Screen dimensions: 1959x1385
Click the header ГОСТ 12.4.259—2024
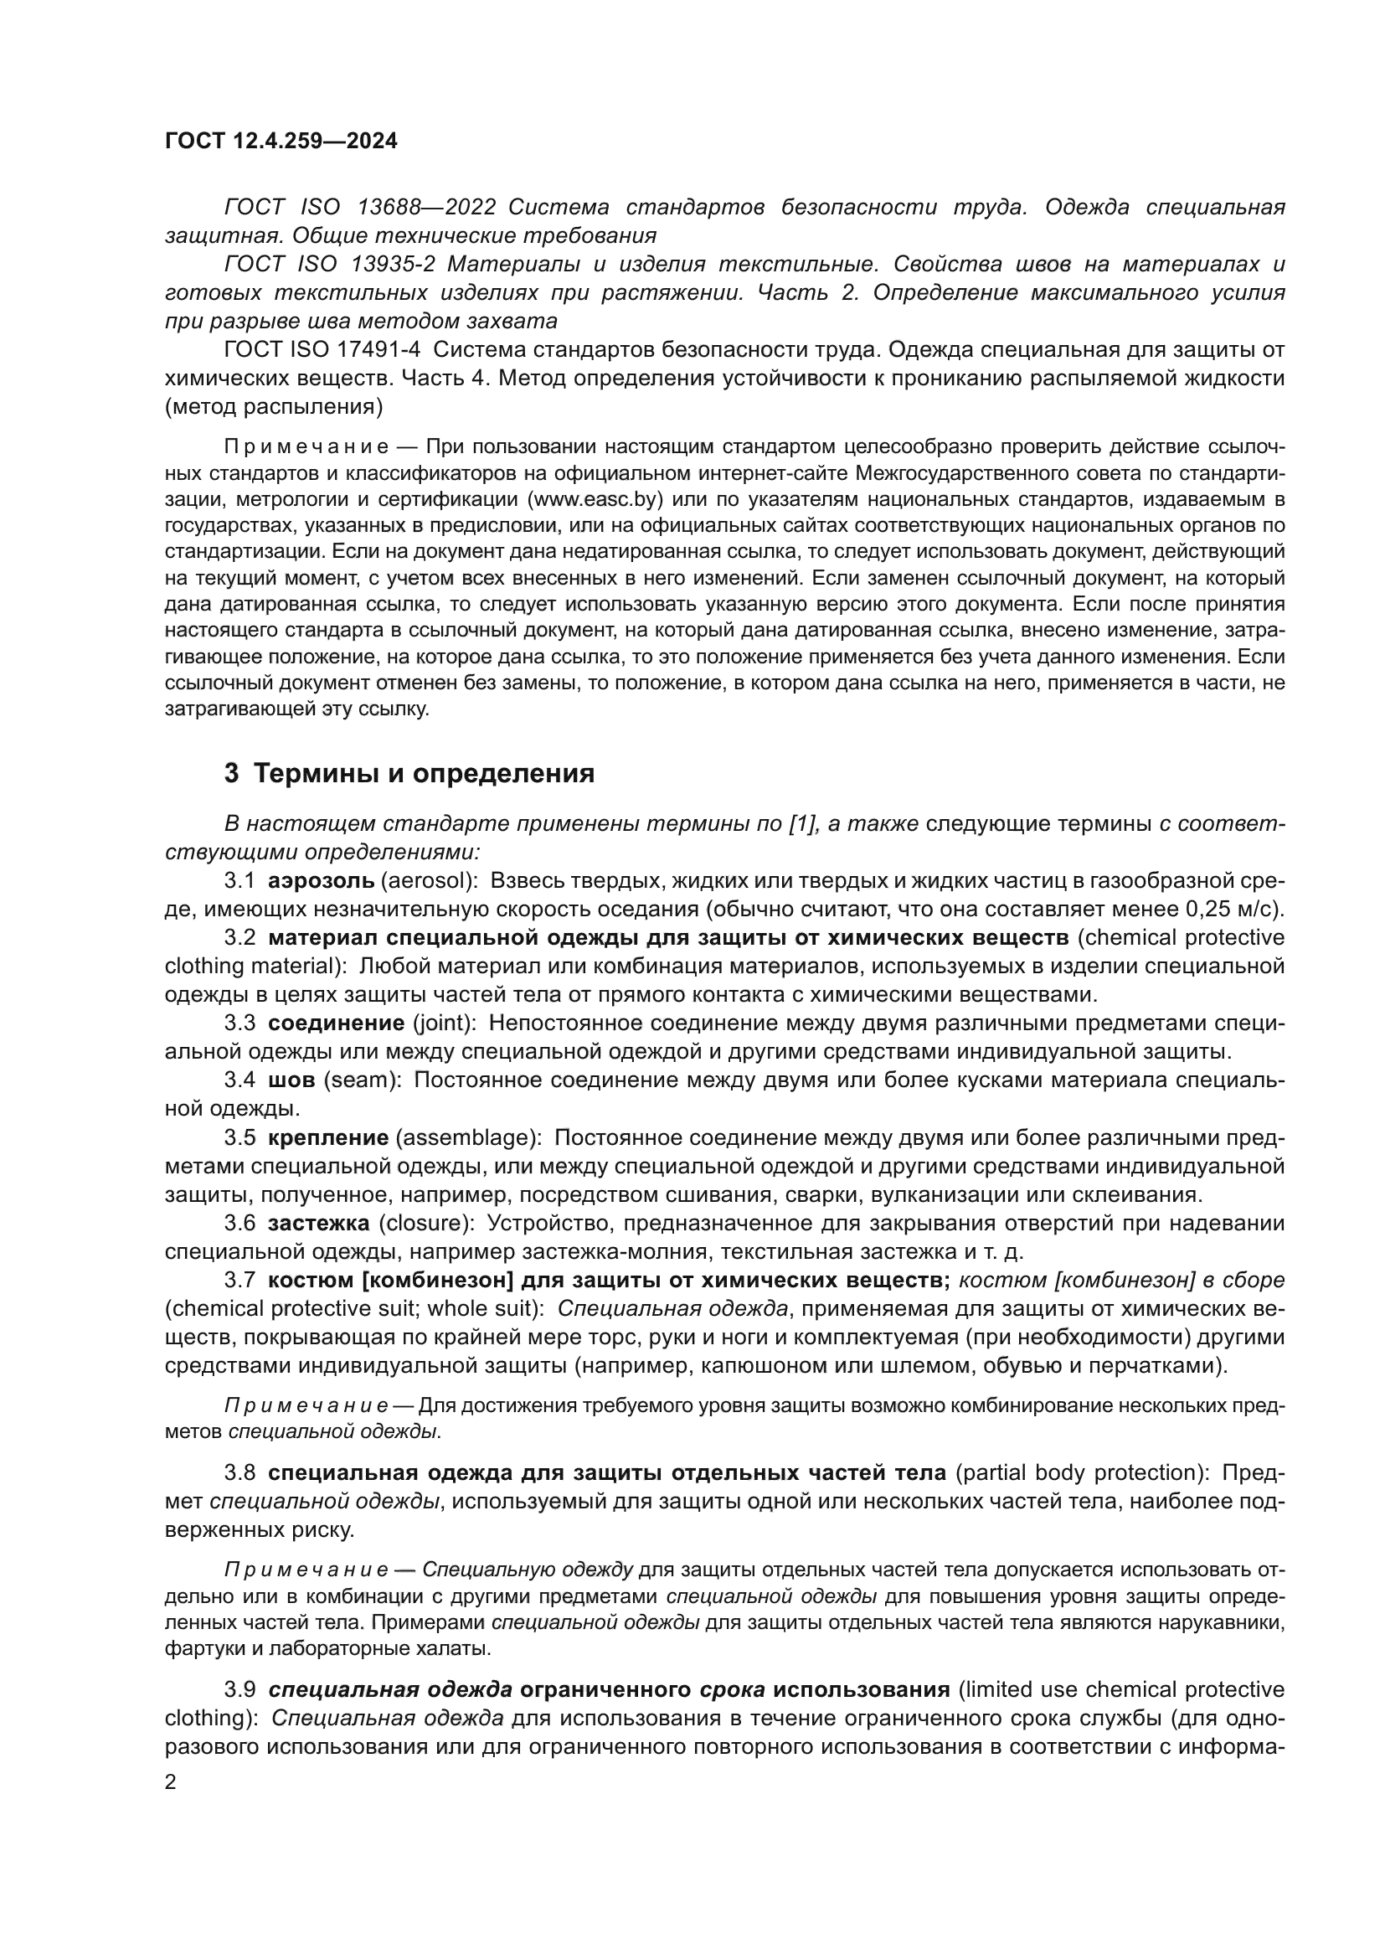click(x=281, y=141)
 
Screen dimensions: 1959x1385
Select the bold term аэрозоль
click(x=321, y=879)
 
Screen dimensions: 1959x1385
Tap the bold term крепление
click(x=328, y=1137)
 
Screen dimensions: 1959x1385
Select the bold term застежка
click(x=318, y=1223)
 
